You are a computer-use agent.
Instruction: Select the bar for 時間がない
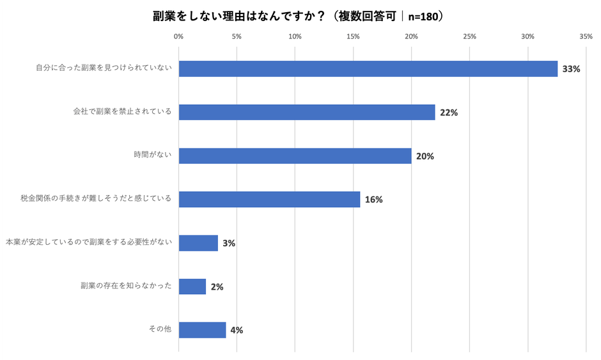(295, 156)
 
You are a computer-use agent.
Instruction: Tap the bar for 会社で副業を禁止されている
(307, 113)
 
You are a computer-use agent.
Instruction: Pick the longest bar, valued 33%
(368, 69)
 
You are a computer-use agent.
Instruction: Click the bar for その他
(202, 330)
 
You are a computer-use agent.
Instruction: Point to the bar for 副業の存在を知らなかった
(192, 286)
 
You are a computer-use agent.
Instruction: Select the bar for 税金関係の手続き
(269, 200)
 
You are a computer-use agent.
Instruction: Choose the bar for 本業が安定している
(198, 243)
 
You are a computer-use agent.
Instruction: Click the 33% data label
(571, 69)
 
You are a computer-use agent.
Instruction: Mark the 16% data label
(373, 200)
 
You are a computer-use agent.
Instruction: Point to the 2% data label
(217, 287)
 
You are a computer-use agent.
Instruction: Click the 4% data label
(237, 331)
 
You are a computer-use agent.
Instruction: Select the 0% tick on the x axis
(179, 36)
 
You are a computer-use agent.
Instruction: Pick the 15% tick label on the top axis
(353, 36)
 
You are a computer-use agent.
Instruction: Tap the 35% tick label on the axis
(586, 36)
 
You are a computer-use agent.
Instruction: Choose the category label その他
(160, 330)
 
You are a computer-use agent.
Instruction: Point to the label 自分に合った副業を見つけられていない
(104, 69)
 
